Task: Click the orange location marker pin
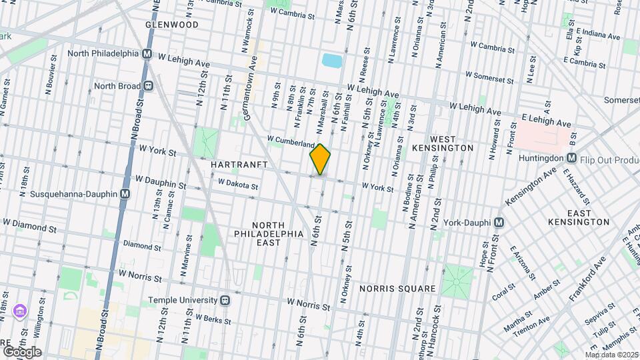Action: [320, 159]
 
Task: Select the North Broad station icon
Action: [149, 85]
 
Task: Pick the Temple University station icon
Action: [225, 301]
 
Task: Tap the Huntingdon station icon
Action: [571, 158]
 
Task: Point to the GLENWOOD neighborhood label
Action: [172, 25]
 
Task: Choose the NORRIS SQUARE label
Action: [397, 289]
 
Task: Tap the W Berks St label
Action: [213, 319]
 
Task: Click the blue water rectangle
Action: [331, 61]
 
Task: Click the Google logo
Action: [21, 351]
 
